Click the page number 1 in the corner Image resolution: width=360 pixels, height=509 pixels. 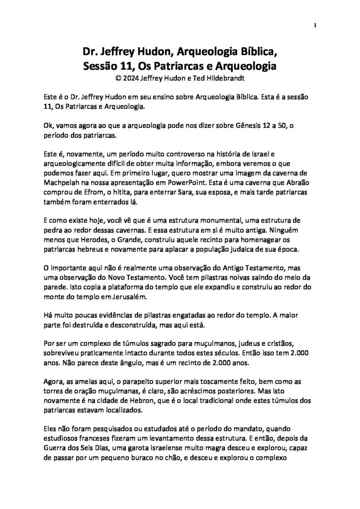click(x=316, y=24)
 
